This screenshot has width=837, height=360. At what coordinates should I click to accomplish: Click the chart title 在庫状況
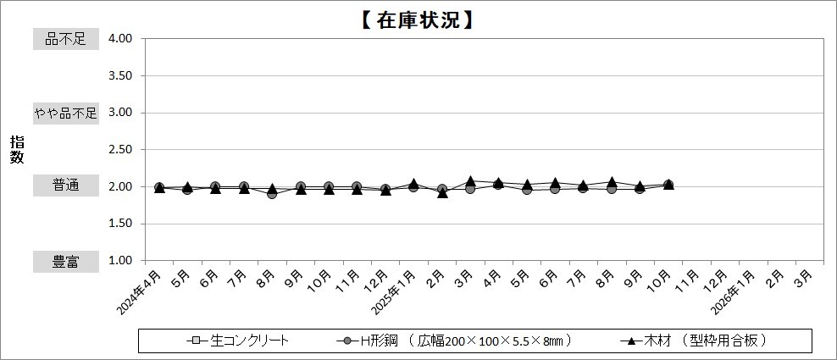coord(418,19)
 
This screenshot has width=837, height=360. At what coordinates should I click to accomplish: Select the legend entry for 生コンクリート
coord(239,341)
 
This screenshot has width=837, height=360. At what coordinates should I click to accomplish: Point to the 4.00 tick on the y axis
coord(120,39)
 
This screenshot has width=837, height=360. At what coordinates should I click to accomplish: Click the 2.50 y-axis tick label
coord(120,150)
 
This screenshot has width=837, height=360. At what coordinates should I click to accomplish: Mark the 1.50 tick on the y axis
coord(120,224)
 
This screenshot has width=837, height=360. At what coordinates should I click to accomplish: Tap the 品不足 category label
coord(65,39)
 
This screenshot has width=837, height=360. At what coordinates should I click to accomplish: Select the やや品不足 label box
coord(65,113)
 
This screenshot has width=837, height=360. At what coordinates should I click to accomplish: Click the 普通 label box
coord(65,186)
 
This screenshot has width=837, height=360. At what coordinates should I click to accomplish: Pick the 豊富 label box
coord(65,262)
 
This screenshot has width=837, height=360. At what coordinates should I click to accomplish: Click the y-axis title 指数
coord(17,150)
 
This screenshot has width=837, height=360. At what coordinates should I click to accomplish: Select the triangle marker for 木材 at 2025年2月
coord(442,193)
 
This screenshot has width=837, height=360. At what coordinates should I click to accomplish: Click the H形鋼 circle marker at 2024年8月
coord(272,194)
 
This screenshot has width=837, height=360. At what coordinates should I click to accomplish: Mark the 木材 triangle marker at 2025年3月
coord(470,181)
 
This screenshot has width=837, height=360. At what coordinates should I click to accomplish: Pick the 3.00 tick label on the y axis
coord(120,113)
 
